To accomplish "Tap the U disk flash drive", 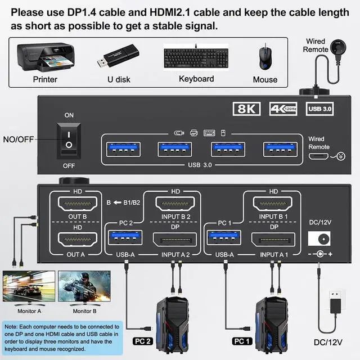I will (x=118, y=58).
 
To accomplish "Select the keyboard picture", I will (x=196, y=58).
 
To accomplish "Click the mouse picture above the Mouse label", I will (x=264, y=57).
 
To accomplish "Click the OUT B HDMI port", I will (x=73, y=204).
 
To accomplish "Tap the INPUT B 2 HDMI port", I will (x=175, y=205).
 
